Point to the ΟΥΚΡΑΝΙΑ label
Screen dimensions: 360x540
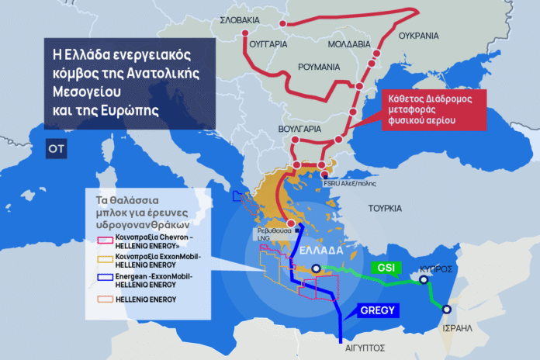click(418, 36)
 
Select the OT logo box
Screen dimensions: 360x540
click(56, 147)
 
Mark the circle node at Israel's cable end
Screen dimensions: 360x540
click(445, 309)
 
